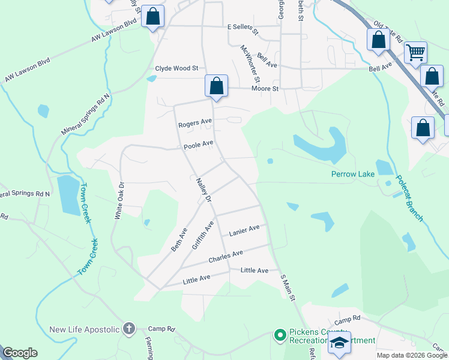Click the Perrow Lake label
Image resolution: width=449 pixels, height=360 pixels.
point(352,174)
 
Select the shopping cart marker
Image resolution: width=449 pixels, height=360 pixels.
point(415,53)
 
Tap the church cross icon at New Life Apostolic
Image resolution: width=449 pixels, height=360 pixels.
point(128,329)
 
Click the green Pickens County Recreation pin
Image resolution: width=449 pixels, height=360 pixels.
point(279,335)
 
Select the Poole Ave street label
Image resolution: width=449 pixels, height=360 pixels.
point(199,145)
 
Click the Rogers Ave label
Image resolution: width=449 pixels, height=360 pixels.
point(195,123)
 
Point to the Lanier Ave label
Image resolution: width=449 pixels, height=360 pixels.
point(244,230)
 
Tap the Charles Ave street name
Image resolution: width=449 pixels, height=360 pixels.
point(226,257)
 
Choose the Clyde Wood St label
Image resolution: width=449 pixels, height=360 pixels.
point(176,68)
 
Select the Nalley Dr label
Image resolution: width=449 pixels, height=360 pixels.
point(204,190)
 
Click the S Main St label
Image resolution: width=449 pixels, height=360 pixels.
point(289,287)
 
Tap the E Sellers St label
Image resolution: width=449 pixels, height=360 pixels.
point(242,28)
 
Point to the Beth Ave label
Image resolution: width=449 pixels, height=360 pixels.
point(179,238)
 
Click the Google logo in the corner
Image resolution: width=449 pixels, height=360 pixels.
point(20,353)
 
